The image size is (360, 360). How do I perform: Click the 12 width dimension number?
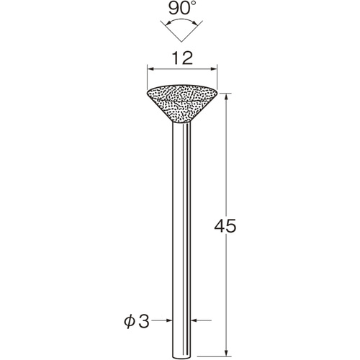pyautogui.click(x=182, y=58)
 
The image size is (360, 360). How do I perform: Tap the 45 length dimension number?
pyautogui.click(x=225, y=226)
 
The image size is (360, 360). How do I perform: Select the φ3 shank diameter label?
pyautogui.click(x=137, y=322)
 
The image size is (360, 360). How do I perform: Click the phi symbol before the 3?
pyautogui.click(x=129, y=323)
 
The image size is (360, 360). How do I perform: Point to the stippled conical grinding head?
pyautogui.click(x=182, y=104)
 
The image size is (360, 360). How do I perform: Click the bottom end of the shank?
pyautogui.click(x=181, y=356)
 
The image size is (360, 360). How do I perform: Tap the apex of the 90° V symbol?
pyautogui.click(x=181, y=42)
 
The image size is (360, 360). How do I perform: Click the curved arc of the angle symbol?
pyautogui.click(x=181, y=21)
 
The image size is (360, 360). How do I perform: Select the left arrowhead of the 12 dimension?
pyautogui.click(x=150, y=69)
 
